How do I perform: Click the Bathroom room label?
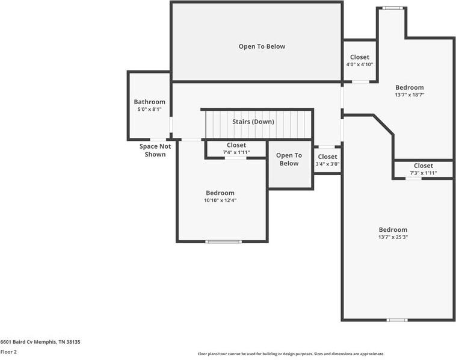pos(149,102)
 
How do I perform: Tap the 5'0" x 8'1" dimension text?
pos(149,110)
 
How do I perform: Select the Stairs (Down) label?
pos(253,122)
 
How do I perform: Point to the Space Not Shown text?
pos(155,150)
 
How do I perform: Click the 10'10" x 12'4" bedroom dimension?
pos(220,200)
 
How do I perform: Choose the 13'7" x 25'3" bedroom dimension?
pos(393,237)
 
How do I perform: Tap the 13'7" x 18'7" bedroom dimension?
pos(410,95)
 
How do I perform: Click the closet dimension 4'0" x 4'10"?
pos(360,64)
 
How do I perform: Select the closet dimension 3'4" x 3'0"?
pos(327,164)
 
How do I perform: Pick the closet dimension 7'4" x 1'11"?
pos(236,152)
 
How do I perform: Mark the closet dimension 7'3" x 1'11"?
pos(424,173)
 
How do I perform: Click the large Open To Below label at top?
pos(262,46)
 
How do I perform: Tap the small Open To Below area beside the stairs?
pos(289,159)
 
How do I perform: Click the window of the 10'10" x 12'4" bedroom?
pos(223,241)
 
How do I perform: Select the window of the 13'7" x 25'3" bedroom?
pos(397,320)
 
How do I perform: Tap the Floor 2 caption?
pos(8,352)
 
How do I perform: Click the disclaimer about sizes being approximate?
pos(291,354)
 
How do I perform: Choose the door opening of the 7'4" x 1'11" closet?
pos(236,158)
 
